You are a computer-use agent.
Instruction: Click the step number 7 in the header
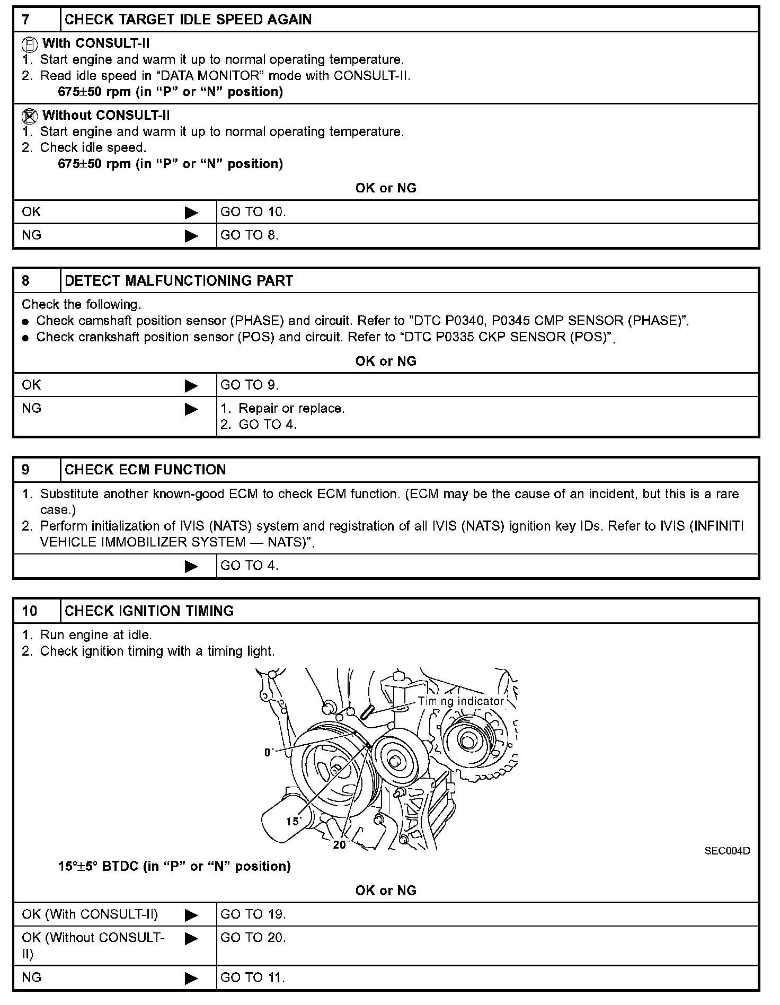coord(26,20)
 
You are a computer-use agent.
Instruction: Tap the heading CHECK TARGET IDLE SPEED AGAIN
coord(188,20)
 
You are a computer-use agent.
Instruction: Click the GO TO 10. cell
coord(253,212)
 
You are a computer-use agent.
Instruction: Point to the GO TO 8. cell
coord(249,235)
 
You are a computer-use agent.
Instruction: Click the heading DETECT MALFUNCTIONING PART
coord(179,281)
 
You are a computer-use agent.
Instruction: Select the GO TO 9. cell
coord(249,385)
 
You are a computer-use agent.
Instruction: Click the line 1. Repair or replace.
coord(282,409)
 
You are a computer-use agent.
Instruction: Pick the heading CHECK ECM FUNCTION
coord(145,470)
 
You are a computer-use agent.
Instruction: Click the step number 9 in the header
coord(26,470)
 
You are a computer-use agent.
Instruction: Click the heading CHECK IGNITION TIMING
coord(149,611)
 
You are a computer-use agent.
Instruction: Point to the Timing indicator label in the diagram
coord(460,701)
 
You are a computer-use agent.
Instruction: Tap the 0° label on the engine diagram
coord(269,752)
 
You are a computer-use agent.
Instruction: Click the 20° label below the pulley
coord(339,845)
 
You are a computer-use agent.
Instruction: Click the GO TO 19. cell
coord(253,914)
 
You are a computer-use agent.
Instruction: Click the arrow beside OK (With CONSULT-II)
coord(191,915)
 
